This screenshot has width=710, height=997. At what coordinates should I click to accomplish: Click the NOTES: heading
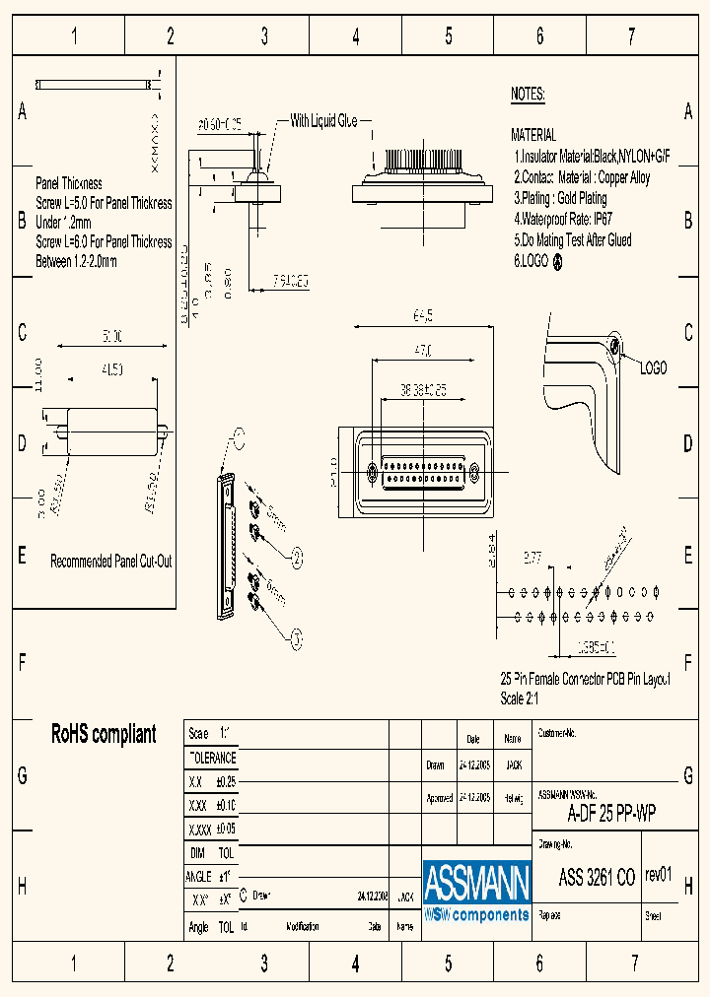528,95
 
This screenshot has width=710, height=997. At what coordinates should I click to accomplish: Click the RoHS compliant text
104,734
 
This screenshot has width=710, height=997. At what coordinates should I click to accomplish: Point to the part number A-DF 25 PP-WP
611,814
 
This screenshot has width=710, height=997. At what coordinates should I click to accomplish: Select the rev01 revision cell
658,875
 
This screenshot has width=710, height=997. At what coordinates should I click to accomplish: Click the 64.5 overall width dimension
422,315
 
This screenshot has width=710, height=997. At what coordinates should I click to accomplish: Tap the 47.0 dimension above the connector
422,350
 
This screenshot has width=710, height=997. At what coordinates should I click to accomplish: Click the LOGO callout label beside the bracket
653,367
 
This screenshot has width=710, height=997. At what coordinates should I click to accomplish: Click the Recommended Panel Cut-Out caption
111,561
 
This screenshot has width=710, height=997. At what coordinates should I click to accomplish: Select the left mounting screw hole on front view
372,472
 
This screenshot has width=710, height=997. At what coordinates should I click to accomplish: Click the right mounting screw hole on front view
474,472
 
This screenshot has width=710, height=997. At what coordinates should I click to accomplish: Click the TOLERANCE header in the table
212,758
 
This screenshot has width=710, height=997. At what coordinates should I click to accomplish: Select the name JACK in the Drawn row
513,764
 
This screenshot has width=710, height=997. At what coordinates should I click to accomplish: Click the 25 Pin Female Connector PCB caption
585,680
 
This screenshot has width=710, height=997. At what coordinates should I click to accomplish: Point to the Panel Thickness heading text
69,183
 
